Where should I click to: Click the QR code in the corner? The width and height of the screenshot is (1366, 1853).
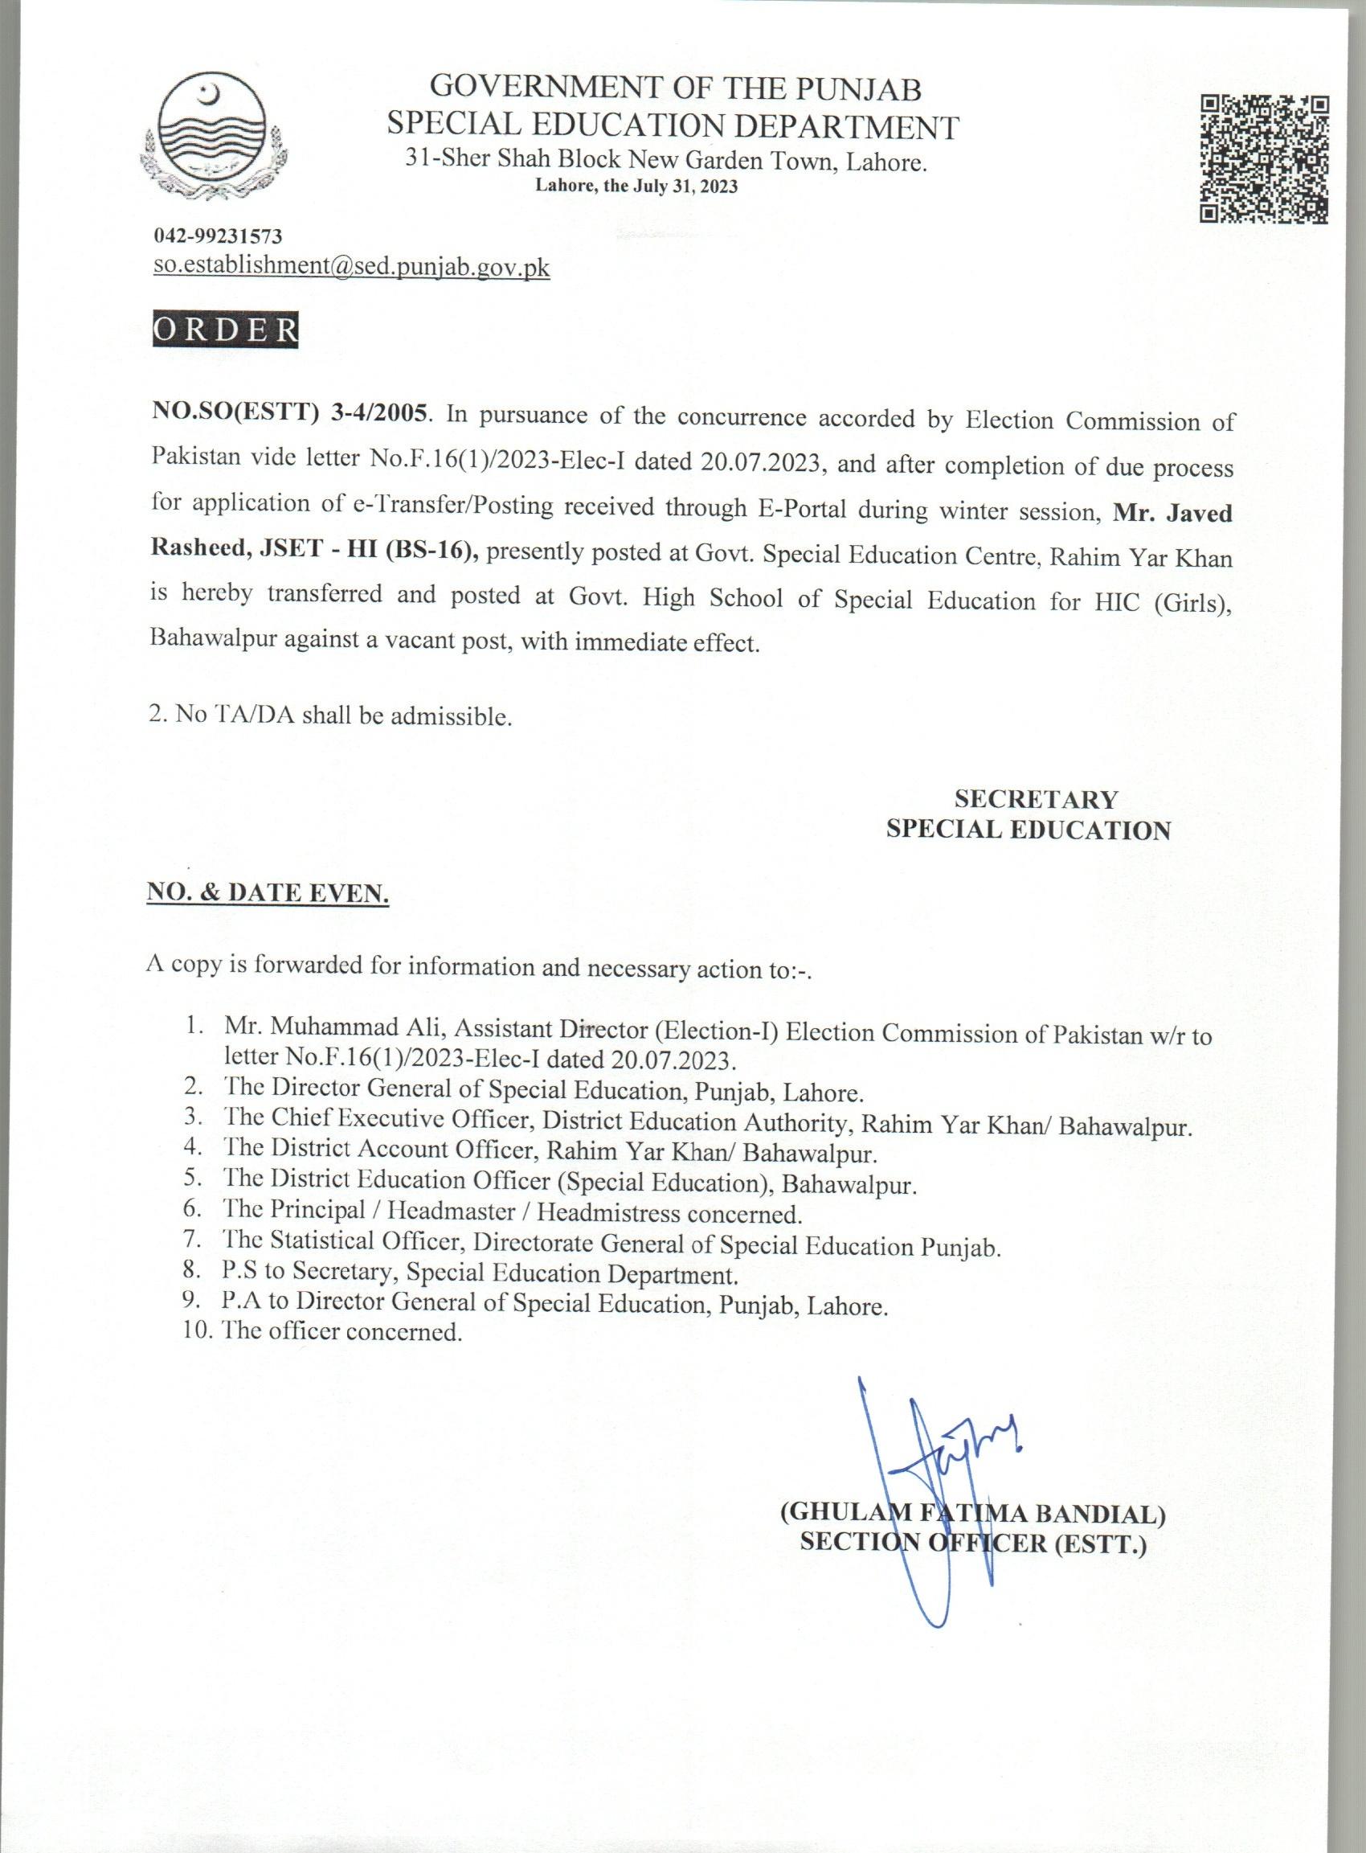1264,159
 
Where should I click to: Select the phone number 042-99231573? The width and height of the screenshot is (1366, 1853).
219,236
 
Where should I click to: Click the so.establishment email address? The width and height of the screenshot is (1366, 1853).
351,266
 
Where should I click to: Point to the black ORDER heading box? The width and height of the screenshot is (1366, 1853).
226,330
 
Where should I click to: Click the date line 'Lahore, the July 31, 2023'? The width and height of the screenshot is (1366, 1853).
636,187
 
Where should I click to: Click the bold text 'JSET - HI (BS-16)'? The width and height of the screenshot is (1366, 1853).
368,551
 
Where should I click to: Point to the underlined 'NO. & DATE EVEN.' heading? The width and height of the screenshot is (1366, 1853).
267,893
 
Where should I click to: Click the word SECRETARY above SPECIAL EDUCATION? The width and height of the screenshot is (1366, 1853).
1035,799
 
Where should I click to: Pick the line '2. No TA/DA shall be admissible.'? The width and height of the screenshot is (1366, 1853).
331,715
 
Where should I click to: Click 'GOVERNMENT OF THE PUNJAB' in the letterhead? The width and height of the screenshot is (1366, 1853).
677,88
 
